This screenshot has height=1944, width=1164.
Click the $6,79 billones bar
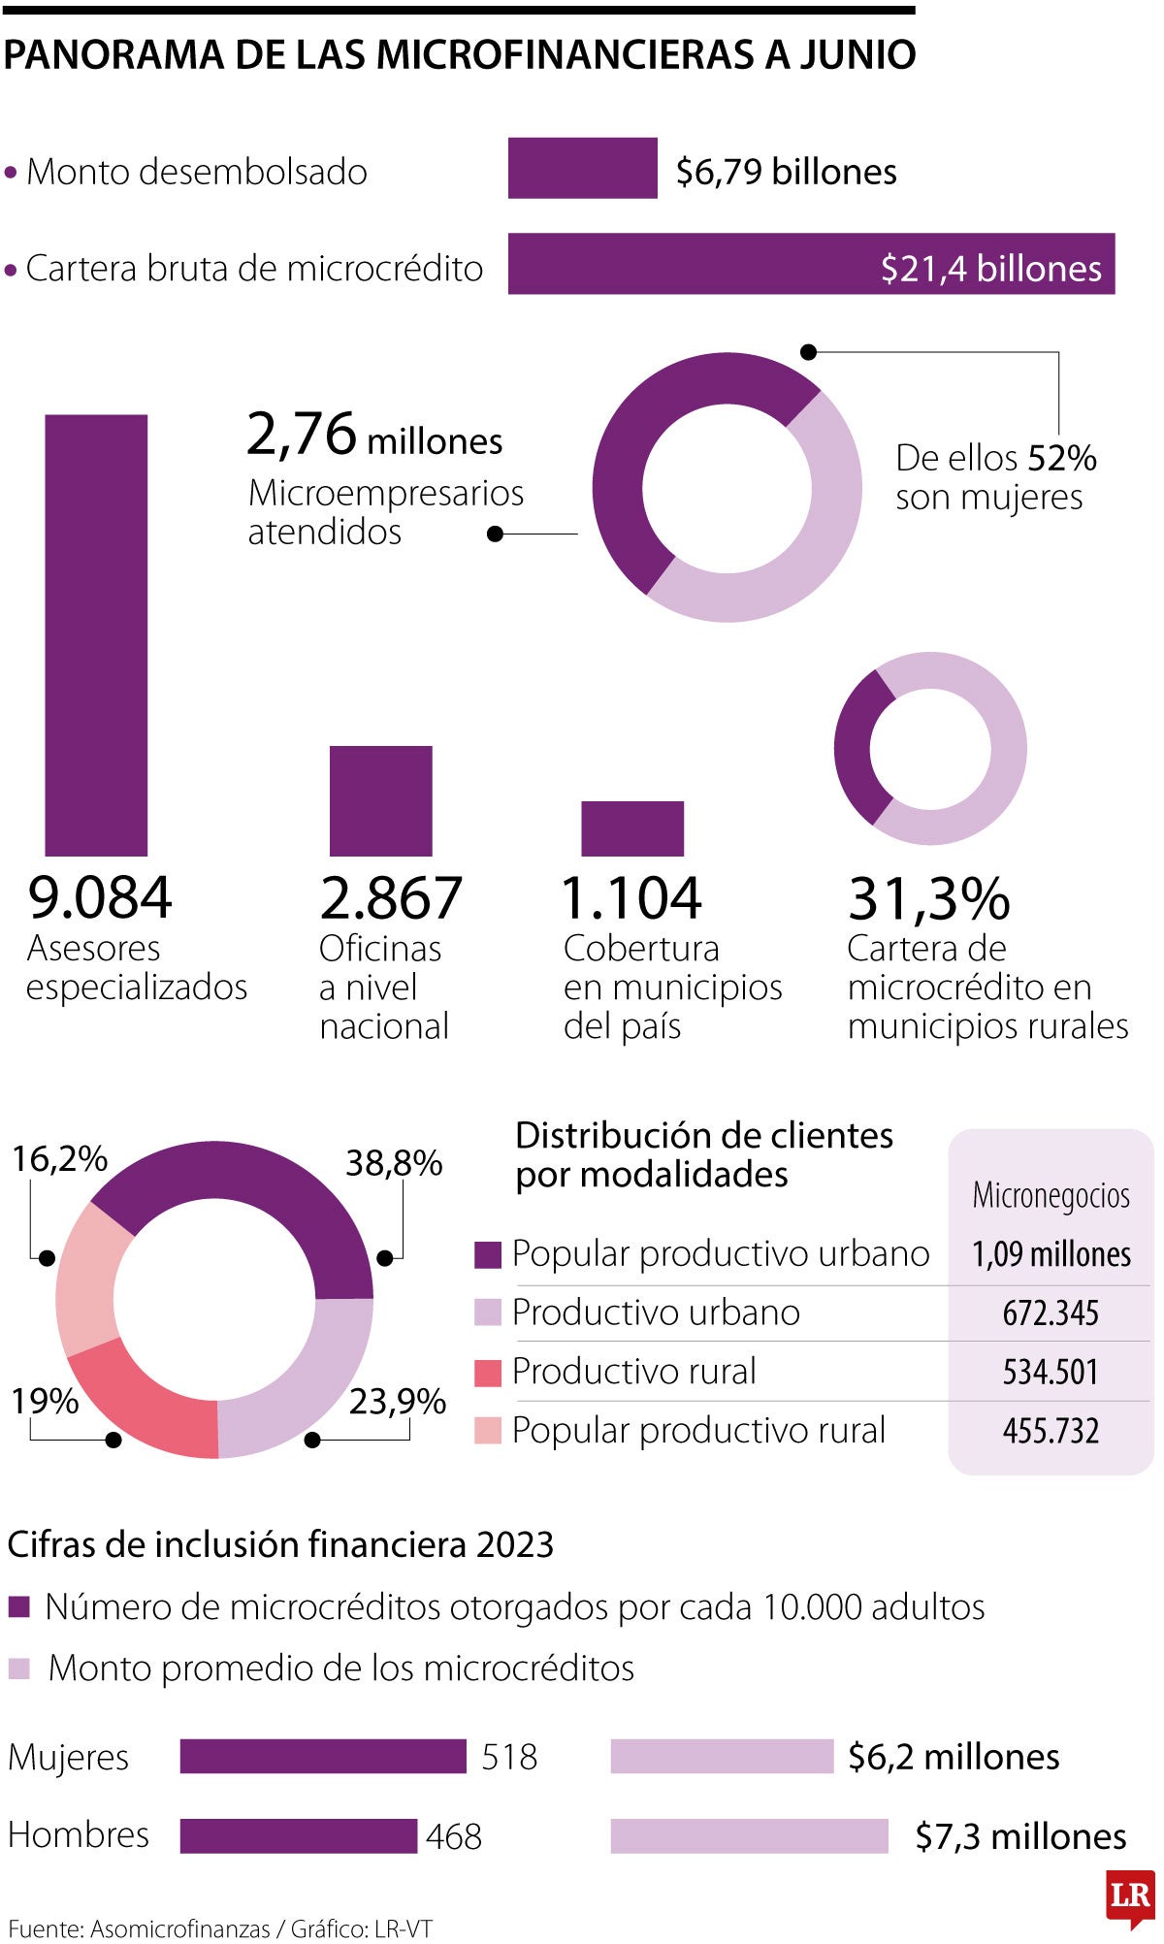(x=582, y=169)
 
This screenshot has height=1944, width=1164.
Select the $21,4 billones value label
(x=990, y=268)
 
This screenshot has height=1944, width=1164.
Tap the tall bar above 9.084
(x=96, y=635)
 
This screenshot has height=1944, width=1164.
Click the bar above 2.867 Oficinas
(x=380, y=801)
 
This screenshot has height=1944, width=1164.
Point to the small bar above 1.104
(x=631, y=828)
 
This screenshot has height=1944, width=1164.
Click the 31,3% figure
(x=928, y=898)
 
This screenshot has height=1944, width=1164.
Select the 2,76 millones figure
(x=374, y=435)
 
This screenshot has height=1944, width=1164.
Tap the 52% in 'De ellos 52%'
(x=1061, y=458)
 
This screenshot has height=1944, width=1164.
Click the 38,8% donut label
(x=394, y=1162)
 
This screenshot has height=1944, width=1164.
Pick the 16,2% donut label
(x=59, y=1158)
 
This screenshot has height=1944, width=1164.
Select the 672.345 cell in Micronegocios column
(x=1051, y=1313)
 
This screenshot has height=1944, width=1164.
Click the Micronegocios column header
(x=1051, y=1195)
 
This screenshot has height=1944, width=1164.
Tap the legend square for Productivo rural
(x=487, y=1373)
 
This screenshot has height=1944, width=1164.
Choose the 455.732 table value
(x=1051, y=1431)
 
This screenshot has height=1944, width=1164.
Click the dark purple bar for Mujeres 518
(x=322, y=1757)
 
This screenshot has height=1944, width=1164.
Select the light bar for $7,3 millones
(x=749, y=1836)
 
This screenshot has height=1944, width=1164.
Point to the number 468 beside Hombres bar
(x=453, y=1836)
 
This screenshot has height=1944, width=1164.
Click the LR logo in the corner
(x=1130, y=1896)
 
